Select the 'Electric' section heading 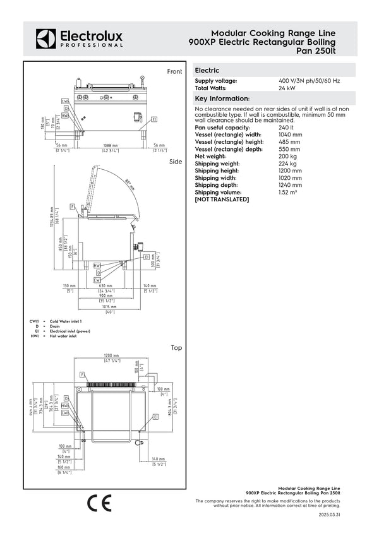207,71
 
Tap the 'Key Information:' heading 222,98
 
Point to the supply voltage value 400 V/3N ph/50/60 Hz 309,81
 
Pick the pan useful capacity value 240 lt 286,128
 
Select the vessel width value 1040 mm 290,134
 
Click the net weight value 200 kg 287,156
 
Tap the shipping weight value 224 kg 287,164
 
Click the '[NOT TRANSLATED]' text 222,200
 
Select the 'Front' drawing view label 174,72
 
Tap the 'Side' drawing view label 176,162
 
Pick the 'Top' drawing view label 176,348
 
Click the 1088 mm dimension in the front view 111,146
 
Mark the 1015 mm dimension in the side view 110,306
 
